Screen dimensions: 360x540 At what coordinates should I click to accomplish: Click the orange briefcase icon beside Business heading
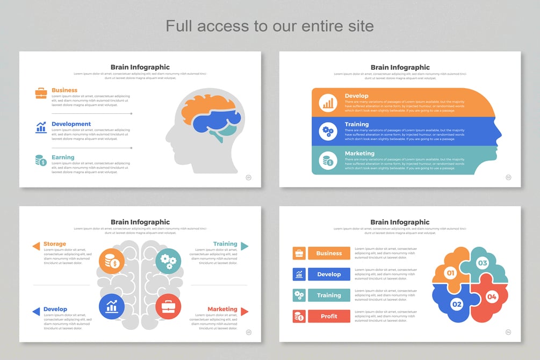point(41,93)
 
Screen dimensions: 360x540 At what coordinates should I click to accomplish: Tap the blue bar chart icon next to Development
point(41,127)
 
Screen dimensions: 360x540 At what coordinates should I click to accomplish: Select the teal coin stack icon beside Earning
point(41,160)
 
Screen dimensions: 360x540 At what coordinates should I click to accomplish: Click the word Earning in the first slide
point(63,157)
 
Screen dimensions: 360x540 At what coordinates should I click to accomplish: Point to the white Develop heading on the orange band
point(356,96)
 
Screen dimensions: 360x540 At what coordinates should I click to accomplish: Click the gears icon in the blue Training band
point(327,131)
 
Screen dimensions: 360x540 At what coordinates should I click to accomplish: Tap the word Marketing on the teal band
point(359,153)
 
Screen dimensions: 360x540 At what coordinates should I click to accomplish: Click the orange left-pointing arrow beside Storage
point(36,246)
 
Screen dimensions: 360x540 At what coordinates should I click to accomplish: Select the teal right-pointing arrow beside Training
point(244,246)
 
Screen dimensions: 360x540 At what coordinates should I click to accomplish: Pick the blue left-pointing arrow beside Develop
point(36,312)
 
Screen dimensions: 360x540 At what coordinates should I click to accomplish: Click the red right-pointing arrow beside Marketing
point(244,312)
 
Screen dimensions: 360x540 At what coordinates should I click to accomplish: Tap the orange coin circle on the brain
point(112,261)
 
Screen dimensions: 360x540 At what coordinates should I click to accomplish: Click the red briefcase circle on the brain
point(168,307)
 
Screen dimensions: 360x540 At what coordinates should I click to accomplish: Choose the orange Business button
point(329,253)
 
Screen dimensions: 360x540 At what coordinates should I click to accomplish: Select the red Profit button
point(329,316)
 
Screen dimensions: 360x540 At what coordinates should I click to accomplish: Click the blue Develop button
point(329,275)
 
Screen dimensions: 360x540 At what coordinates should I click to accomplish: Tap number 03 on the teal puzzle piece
point(483,263)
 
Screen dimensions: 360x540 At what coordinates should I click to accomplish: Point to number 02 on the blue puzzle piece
point(457,304)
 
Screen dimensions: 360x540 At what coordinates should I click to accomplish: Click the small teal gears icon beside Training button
point(299,295)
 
